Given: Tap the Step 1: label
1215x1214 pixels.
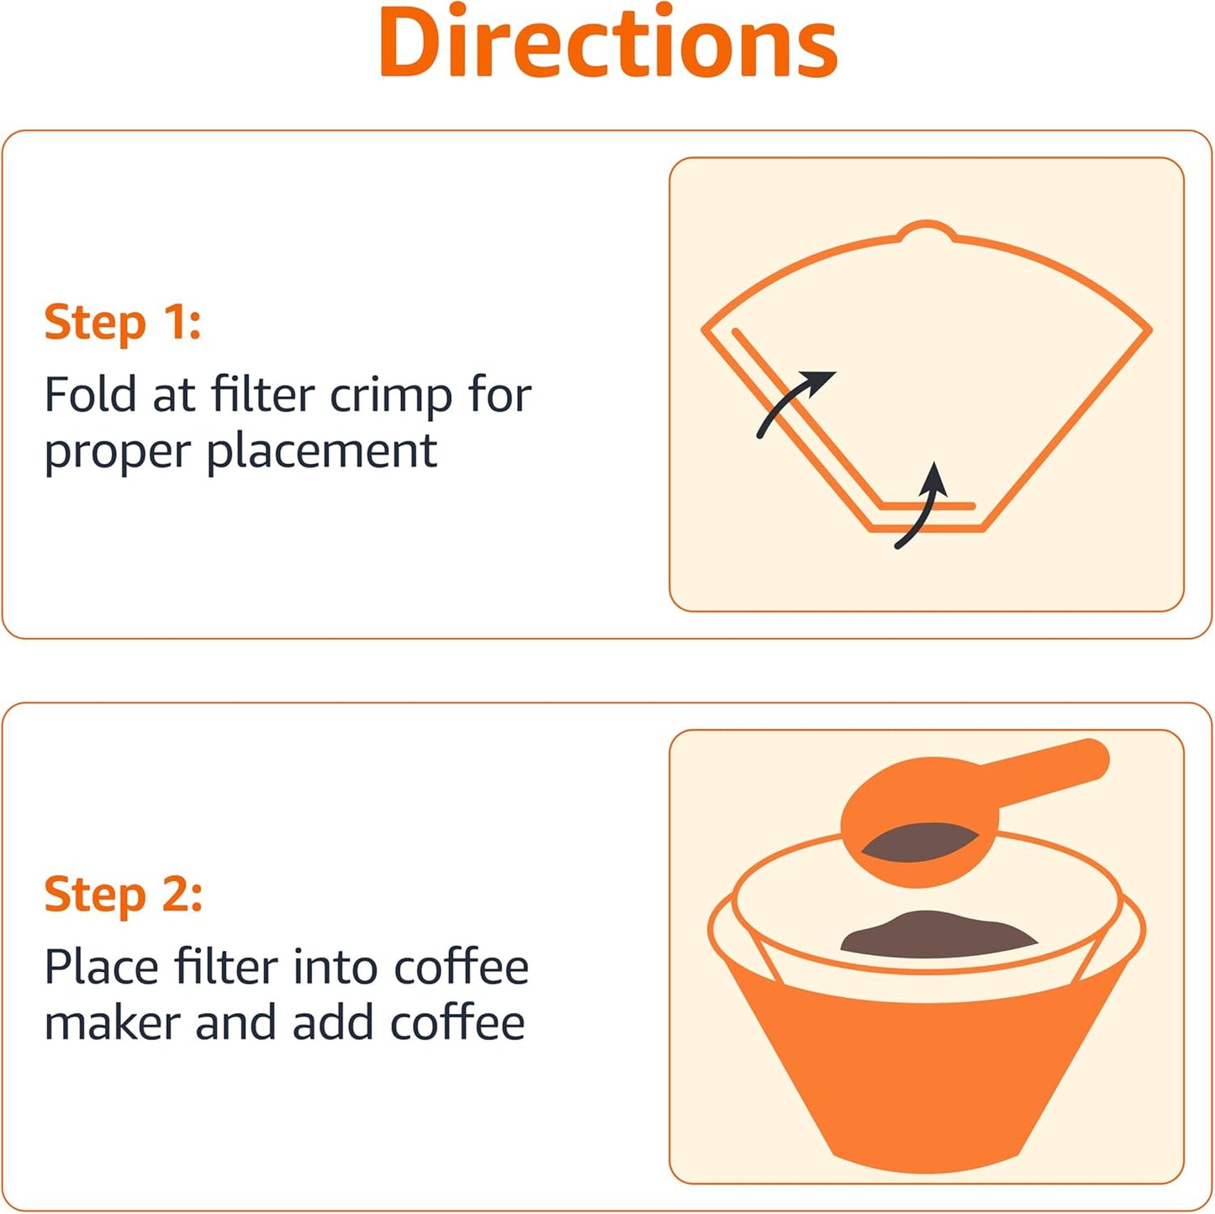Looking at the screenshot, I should click(123, 323).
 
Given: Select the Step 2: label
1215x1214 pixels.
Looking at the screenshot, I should click(123, 895).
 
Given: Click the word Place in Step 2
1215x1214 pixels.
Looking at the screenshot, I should click(101, 967).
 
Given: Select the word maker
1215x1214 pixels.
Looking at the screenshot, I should click(112, 1024).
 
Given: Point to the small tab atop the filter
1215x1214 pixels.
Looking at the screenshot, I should click(927, 230).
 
